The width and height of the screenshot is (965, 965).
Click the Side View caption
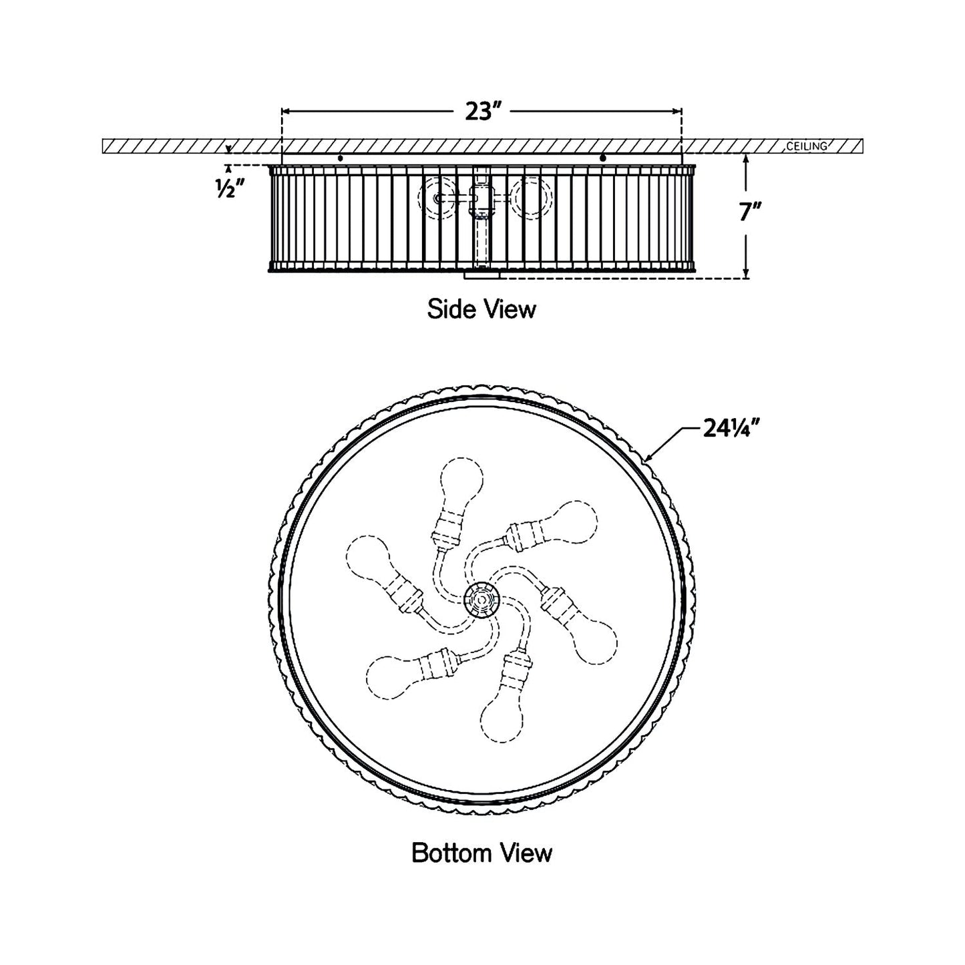pos(481,309)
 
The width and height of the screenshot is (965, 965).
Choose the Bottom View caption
pos(482,853)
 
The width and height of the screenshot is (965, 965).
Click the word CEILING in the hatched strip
pos(807,146)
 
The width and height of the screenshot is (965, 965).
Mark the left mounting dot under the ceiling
pos(341,158)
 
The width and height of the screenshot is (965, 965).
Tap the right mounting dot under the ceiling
pos(603,158)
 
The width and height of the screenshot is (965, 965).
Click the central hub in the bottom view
pos(481,599)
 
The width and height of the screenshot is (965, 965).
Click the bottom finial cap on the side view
pos(481,274)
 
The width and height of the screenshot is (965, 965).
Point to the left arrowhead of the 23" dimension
pos(285,112)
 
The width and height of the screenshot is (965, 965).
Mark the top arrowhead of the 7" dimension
pos(746,157)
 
